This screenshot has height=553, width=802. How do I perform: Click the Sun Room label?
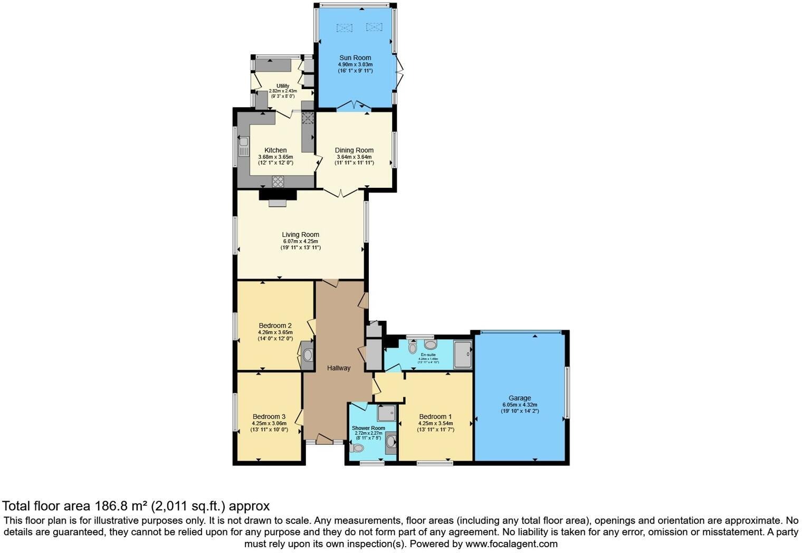(355, 58)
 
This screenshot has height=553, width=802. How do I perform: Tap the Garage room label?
(520, 398)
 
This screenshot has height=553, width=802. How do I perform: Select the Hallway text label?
(338, 368)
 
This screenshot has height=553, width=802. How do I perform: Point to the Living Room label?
(300, 235)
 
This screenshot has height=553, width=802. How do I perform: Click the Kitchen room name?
(275, 150)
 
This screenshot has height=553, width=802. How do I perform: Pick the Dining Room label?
(354, 150)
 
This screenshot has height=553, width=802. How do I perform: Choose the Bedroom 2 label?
(275, 326)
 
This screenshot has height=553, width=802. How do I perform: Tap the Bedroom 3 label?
(269, 416)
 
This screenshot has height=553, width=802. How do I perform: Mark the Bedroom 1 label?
(435, 416)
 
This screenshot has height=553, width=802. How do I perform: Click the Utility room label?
(283, 86)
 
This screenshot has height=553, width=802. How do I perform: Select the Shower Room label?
(368, 428)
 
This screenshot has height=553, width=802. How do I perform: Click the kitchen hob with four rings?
(278, 181)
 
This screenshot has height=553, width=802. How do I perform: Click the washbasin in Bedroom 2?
(308, 355)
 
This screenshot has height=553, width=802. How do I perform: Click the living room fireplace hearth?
(277, 203)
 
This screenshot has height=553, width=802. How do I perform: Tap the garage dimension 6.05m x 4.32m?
(520, 405)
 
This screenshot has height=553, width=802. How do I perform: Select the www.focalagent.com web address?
(511, 544)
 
